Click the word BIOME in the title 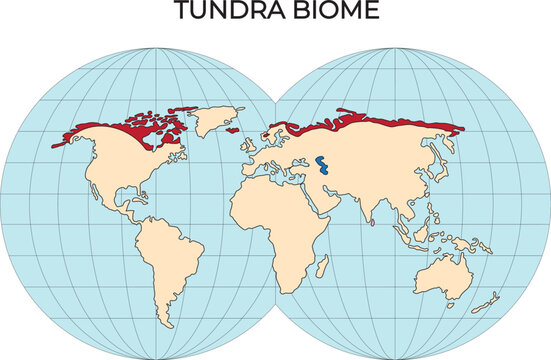[x=337, y=12]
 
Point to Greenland [x=209, y=121]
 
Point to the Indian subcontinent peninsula [x=367, y=211]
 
